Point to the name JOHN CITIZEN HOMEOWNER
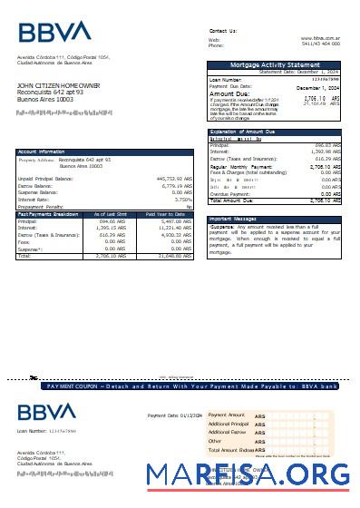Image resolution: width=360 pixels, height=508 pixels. pos(58,85)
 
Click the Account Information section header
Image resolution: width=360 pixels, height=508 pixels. pos(41,151)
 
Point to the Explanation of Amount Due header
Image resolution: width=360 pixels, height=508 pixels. pos(250,132)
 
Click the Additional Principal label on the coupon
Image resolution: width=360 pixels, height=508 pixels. pos(227,424)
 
